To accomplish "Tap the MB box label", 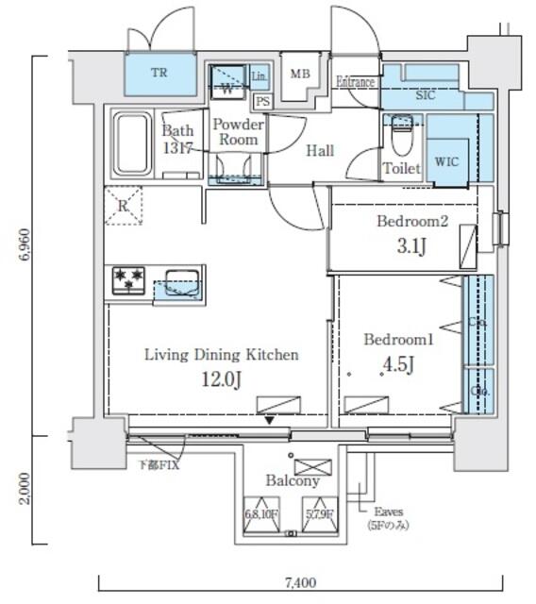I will [300, 75].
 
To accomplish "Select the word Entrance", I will [356, 82].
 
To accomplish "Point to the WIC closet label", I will [446, 160].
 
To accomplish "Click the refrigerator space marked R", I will [123, 205].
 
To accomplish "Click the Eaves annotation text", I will [389, 512].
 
